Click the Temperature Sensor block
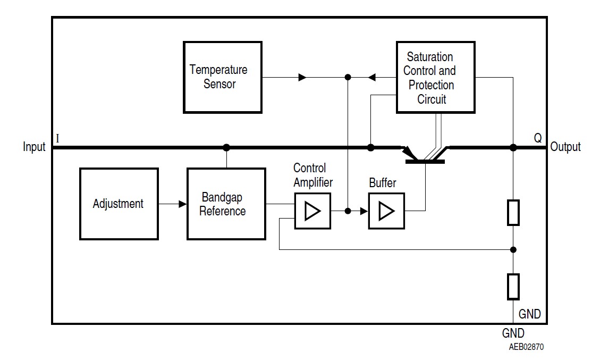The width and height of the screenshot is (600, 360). [222, 77]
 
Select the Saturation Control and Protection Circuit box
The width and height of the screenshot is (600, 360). [435, 77]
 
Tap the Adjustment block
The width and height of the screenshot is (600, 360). [119, 204]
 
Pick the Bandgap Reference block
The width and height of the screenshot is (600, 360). [226, 204]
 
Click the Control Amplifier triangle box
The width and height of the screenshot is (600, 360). [312, 211]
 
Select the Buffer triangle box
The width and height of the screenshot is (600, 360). [386, 211]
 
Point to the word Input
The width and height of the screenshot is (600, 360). [34, 147]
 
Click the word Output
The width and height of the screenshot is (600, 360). [565, 147]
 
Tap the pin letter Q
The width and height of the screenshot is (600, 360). [538, 138]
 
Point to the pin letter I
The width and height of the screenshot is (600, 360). [57, 138]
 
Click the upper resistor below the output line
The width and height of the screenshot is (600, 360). [513, 212]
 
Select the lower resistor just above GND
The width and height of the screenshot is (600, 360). [513, 287]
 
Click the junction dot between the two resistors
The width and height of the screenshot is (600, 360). [513, 250]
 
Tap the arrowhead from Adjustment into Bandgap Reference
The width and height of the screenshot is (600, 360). [182, 204]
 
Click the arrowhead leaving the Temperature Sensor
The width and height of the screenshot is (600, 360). [302, 77]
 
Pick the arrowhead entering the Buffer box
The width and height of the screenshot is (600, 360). [364, 211]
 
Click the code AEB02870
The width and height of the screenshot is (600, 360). [526, 347]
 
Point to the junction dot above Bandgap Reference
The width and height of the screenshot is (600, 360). [226, 147]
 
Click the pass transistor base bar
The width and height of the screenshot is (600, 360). [425, 162]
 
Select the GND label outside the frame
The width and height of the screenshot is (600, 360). [513, 333]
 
